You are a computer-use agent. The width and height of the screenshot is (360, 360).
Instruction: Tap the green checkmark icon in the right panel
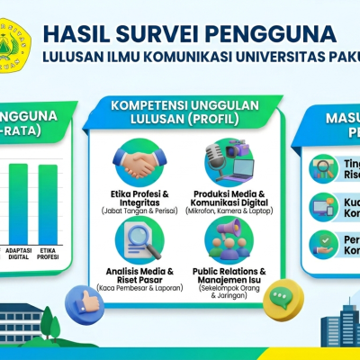319,243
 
